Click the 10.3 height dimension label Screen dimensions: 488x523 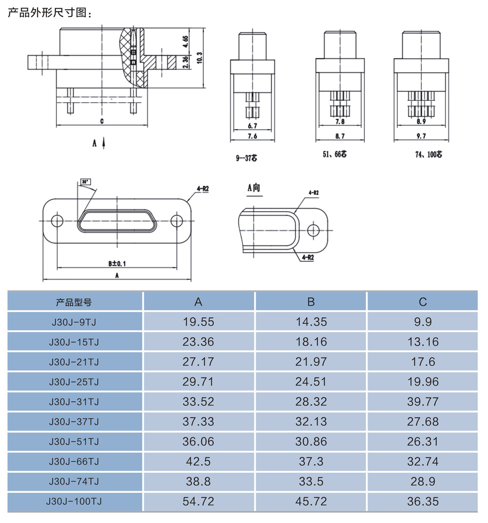click(x=199, y=58)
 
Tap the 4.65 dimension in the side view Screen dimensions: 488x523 click(x=185, y=42)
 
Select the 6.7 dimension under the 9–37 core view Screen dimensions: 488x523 click(x=252, y=126)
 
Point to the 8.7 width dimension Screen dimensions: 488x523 click(x=340, y=136)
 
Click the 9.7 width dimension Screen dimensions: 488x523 click(x=421, y=136)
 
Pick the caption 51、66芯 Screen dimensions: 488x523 click(x=334, y=154)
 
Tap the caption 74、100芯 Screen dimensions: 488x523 click(x=428, y=154)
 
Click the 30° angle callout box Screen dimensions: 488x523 click(x=85, y=182)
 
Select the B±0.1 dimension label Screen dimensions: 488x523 click(x=117, y=263)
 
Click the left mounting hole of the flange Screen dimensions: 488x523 click(x=57, y=221)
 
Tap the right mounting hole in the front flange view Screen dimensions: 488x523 click(x=177, y=221)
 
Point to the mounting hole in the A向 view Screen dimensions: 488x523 click(x=313, y=230)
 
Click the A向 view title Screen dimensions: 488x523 click(x=253, y=188)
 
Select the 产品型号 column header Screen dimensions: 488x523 click(x=74, y=302)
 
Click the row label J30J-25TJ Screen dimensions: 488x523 click(x=74, y=382)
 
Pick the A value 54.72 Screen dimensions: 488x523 click(x=198, y=501)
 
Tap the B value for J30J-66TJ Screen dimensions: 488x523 click(x=311, y=461)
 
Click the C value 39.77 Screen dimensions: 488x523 click(x=423, y=402)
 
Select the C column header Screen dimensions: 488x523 click(x=423, y=302)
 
